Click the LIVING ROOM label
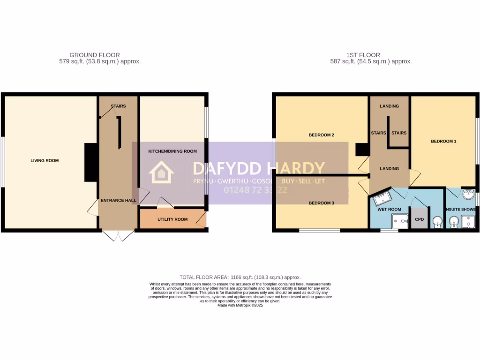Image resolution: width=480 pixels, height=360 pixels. tap(45, 161)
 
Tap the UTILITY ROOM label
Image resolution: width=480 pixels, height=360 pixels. tap(172, 219)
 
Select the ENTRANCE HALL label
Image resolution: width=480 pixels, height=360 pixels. tap(118, 201)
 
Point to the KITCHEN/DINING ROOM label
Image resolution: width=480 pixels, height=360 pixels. tap(172, 151)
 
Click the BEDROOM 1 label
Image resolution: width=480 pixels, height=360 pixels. tap(443, 141)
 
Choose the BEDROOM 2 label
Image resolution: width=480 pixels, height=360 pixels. tap(321, 135)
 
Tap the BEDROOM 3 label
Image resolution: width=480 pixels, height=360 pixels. tap(321, 203)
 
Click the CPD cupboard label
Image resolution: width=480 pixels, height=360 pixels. tap(419, 219)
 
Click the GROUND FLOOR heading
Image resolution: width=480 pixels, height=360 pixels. tap(94, 55)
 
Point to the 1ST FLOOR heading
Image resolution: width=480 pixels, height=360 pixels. tap(364, 55)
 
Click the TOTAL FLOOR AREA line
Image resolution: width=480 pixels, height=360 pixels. tap(240, 277)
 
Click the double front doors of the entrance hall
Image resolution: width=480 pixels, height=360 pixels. tap(118, 235)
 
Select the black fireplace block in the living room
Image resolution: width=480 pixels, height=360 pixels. tap(91, 162)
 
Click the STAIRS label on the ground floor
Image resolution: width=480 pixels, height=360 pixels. tap(118, 106)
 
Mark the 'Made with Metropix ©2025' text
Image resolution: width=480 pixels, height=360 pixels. tap(240, 305)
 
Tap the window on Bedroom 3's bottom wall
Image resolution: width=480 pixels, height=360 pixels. tap(320, 231)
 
